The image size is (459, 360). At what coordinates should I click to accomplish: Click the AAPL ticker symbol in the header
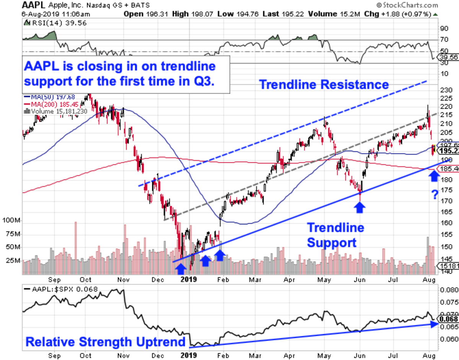pyautogui.click(x=34, y=5)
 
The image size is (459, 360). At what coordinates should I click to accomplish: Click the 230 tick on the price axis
pyautogui.click(x=444, y=90)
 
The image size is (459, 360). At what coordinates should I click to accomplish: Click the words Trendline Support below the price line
pyautogui.click(x=335, y=235)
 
